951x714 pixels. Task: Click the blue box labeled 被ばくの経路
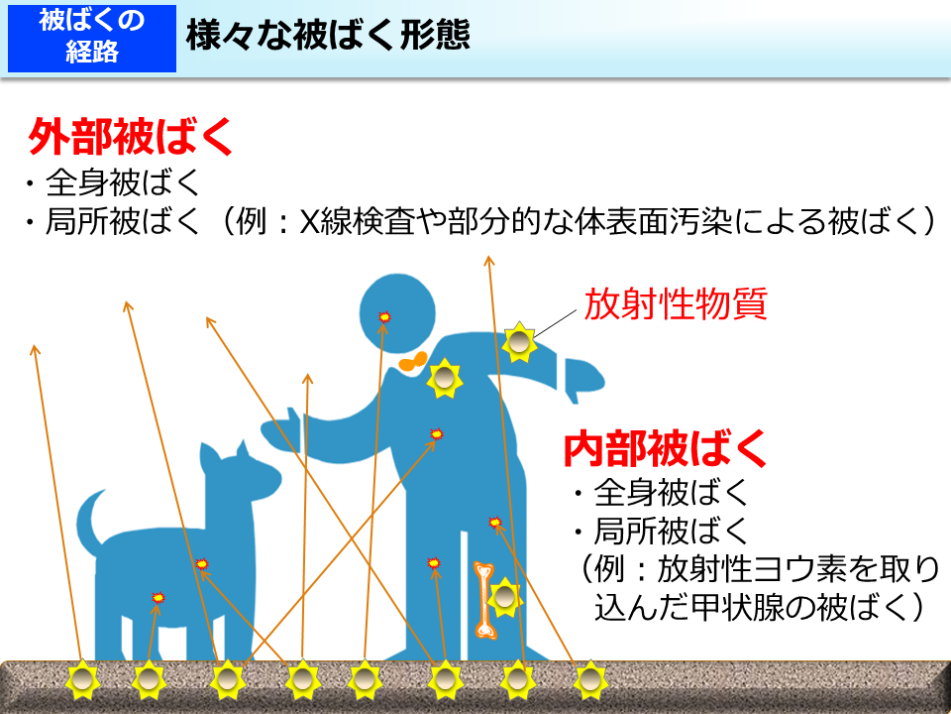pyautogui.click(x=92, y=37)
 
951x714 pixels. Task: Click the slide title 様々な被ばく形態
pyautogui.click(x=327, y=37)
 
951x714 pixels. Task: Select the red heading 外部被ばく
pyautogui.click(x=131, y=138)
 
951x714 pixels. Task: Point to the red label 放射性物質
pyautogui.click(x=676, y=304)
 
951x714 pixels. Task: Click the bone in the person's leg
pyautogui.click(x=484, y=598)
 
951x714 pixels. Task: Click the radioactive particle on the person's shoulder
pyautogui.click(x=519, y=342)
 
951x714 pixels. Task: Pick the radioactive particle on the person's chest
pyautogui.click(x=445, y=378)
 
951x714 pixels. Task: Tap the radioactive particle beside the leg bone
pyautogui.click(x=505, y=596)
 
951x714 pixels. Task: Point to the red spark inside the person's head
pyautogui.click(x=385, y=316)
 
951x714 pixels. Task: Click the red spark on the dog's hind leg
pyautogui.click(x=157, y=597)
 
